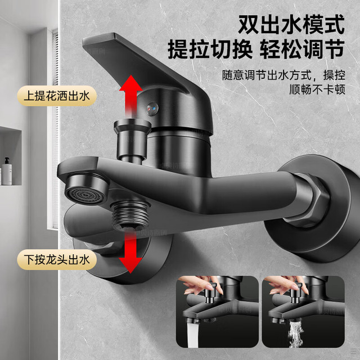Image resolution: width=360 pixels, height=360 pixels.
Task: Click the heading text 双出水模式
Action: [x=291, y=24]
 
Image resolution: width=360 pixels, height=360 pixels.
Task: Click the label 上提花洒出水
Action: [x=57, y=96]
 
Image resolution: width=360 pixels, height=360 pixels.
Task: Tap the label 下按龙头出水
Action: [x=57, y=260]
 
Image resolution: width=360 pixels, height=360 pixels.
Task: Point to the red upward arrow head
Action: [x=131, y=83]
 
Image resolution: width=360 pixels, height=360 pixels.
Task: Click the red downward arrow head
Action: [x=130, y=265]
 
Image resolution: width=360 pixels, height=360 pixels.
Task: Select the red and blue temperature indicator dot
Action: [x=152, y=107]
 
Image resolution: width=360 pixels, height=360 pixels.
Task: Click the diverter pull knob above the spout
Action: [x=133, y=140]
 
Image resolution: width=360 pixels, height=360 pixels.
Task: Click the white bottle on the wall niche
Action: [x=7, y=171]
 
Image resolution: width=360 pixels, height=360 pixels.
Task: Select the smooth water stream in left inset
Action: [x=192, y=334]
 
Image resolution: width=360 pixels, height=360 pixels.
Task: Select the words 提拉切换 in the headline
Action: [x=210, y=49]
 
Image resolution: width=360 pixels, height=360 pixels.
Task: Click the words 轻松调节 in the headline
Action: [x=302, y=49]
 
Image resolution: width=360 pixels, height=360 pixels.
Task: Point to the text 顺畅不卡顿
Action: [x=317, y=89]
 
